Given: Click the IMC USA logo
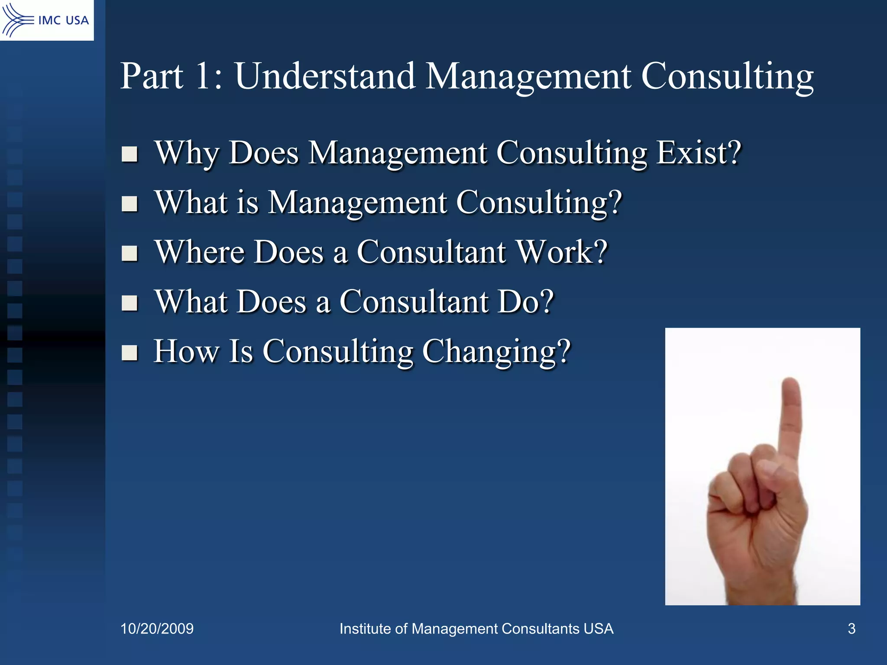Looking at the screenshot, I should coord(46,20).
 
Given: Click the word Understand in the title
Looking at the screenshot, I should coord(325,76).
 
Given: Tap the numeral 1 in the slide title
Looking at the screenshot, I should coord(204,76).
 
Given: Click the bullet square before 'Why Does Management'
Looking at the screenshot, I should coord(129,154).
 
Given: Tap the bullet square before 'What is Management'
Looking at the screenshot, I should coord(129,203).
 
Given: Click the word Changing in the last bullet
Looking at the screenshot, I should coord(496,352).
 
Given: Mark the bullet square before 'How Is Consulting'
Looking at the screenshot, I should coord(129,353).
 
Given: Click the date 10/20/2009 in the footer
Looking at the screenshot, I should coord(157,629).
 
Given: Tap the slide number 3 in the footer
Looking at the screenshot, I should coord(851,629).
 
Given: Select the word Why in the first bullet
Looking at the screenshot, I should coord(187,154).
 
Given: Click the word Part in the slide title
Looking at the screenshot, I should coord(151,76).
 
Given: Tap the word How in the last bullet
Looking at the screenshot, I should coord(186,351).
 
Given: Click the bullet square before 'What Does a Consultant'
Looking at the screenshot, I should coord(129,303).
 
